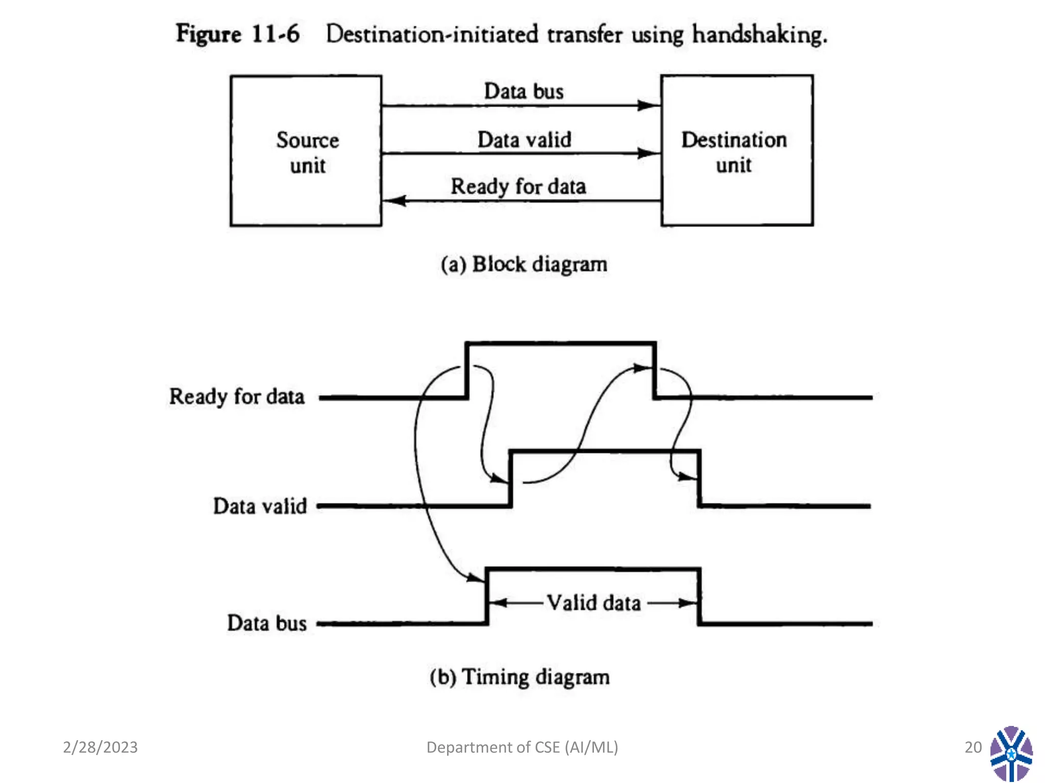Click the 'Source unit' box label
307,152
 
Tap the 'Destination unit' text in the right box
734,152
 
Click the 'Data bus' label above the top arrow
524,91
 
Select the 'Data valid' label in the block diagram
524,140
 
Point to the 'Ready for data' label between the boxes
518,186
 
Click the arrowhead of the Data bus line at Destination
649,106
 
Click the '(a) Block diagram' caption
524,264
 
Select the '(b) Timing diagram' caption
519,677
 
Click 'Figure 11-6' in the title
238,34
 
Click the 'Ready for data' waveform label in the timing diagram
237,397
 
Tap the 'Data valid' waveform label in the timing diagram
260,506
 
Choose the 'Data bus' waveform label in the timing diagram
266,623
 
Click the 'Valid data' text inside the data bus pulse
593,603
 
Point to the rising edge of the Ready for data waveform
467,371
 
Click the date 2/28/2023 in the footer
100,747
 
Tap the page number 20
973,747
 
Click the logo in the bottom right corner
1011,753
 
